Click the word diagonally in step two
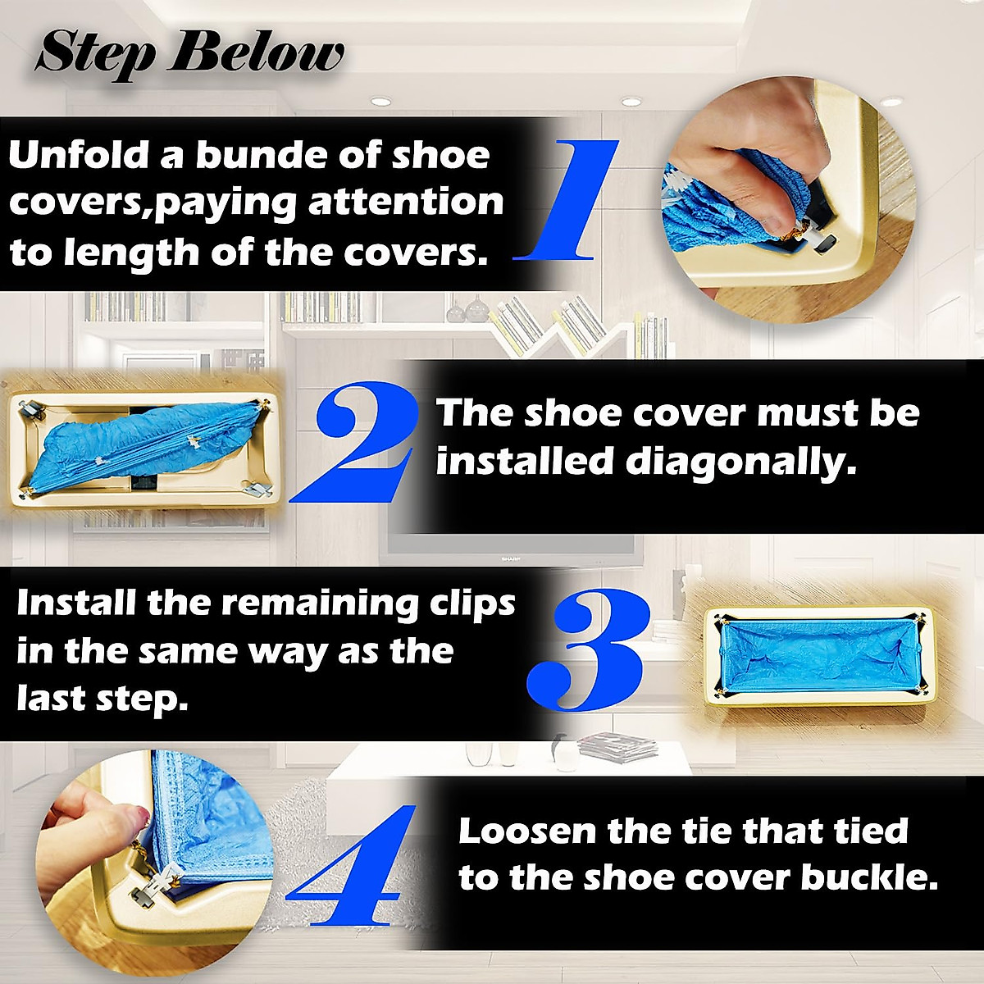point(741,462)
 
